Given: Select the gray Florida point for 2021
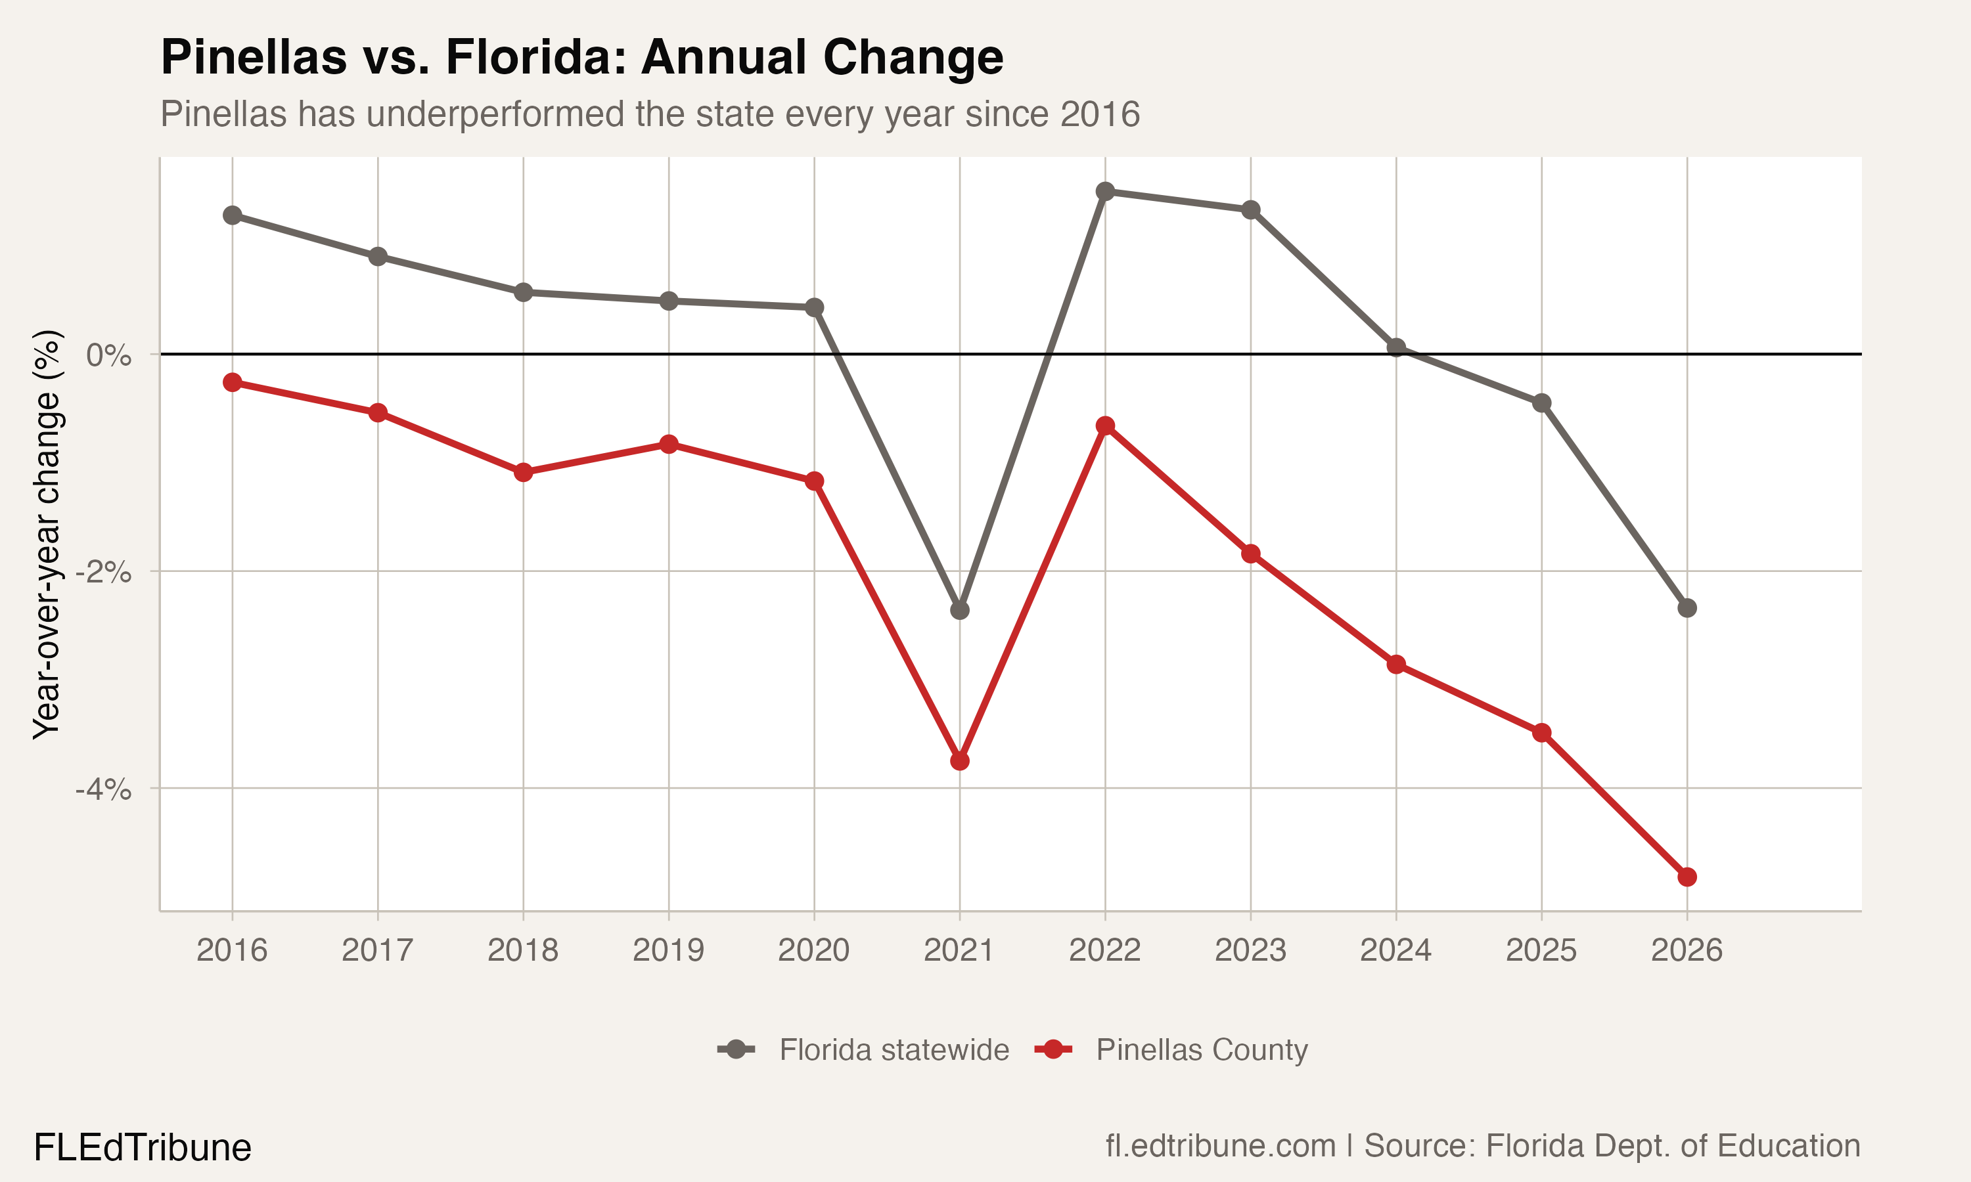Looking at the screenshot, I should point(959,610).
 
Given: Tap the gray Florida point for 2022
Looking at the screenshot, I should point(1105,191).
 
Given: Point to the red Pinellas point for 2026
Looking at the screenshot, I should point(1687,877).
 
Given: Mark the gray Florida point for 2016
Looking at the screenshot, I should point(232,215).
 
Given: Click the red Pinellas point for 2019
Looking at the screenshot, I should point(668,444).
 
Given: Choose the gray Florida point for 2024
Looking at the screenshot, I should point(1395,347).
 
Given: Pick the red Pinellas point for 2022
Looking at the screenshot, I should point(1105,426).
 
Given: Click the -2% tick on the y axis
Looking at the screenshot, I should point(104,572).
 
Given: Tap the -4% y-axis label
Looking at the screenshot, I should point(104,789).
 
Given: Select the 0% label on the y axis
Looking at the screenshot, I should point(109,355).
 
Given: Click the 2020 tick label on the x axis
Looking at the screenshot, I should point(813,950).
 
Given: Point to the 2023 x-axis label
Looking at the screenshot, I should point(1250,950).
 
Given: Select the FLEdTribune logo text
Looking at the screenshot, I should point(143,1148).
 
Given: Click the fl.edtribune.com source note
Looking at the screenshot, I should point(1221,1146).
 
